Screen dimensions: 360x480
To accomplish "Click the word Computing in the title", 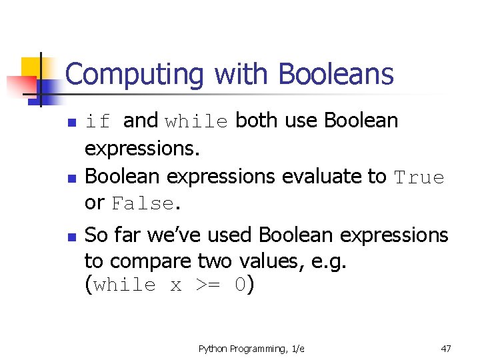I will (134, 75).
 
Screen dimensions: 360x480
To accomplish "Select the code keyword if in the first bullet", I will (98, 121).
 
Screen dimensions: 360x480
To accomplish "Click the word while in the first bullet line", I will (197, 122).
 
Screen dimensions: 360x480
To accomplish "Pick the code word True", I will (419, 177).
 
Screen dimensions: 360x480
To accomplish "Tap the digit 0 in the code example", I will (241, 285).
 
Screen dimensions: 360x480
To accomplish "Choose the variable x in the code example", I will (175, 286).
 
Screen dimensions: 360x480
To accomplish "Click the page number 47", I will (446, 348).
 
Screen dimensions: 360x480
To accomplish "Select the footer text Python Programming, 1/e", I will (251, 349).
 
